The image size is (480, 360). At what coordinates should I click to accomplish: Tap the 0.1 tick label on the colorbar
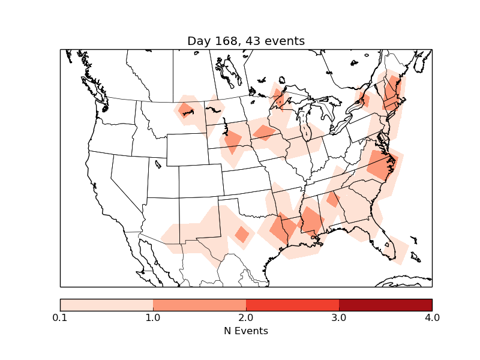pyautogui.click(x=60, y=317)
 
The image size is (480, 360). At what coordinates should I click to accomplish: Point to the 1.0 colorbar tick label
pyautogui.click(x=153, y=317)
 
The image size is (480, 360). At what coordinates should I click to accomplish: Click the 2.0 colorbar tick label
pyautogui.click(x=246, y=317)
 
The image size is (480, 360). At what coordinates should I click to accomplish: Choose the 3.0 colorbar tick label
pyautogui.click(x=339, y=317)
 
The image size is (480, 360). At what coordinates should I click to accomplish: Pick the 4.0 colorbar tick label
pyautogui.click(x=431, y=317)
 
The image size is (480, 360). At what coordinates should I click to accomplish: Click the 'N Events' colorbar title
pyautogui.click(x=246, y=331)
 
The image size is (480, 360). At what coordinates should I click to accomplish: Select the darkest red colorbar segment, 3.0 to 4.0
pyautogui.click(x=385, y=305)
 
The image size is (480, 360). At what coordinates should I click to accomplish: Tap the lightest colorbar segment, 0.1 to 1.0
pyautogui.click(x=106, y=305)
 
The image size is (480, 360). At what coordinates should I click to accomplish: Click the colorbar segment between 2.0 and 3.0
pyautogui.click(x=292, y=305)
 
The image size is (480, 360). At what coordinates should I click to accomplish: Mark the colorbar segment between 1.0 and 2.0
pyautogui.click(x=199, y=305)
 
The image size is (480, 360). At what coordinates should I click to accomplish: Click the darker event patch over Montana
pyautogui.click(x=186, y=110)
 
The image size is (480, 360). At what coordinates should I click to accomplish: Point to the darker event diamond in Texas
pyautogui.click(x=242, y=234)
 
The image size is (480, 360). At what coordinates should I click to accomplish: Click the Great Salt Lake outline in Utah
pyautogui.click(x=158, y=163)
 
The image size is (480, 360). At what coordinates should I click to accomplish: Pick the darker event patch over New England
pyautogui.click(x=392, y=92)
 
